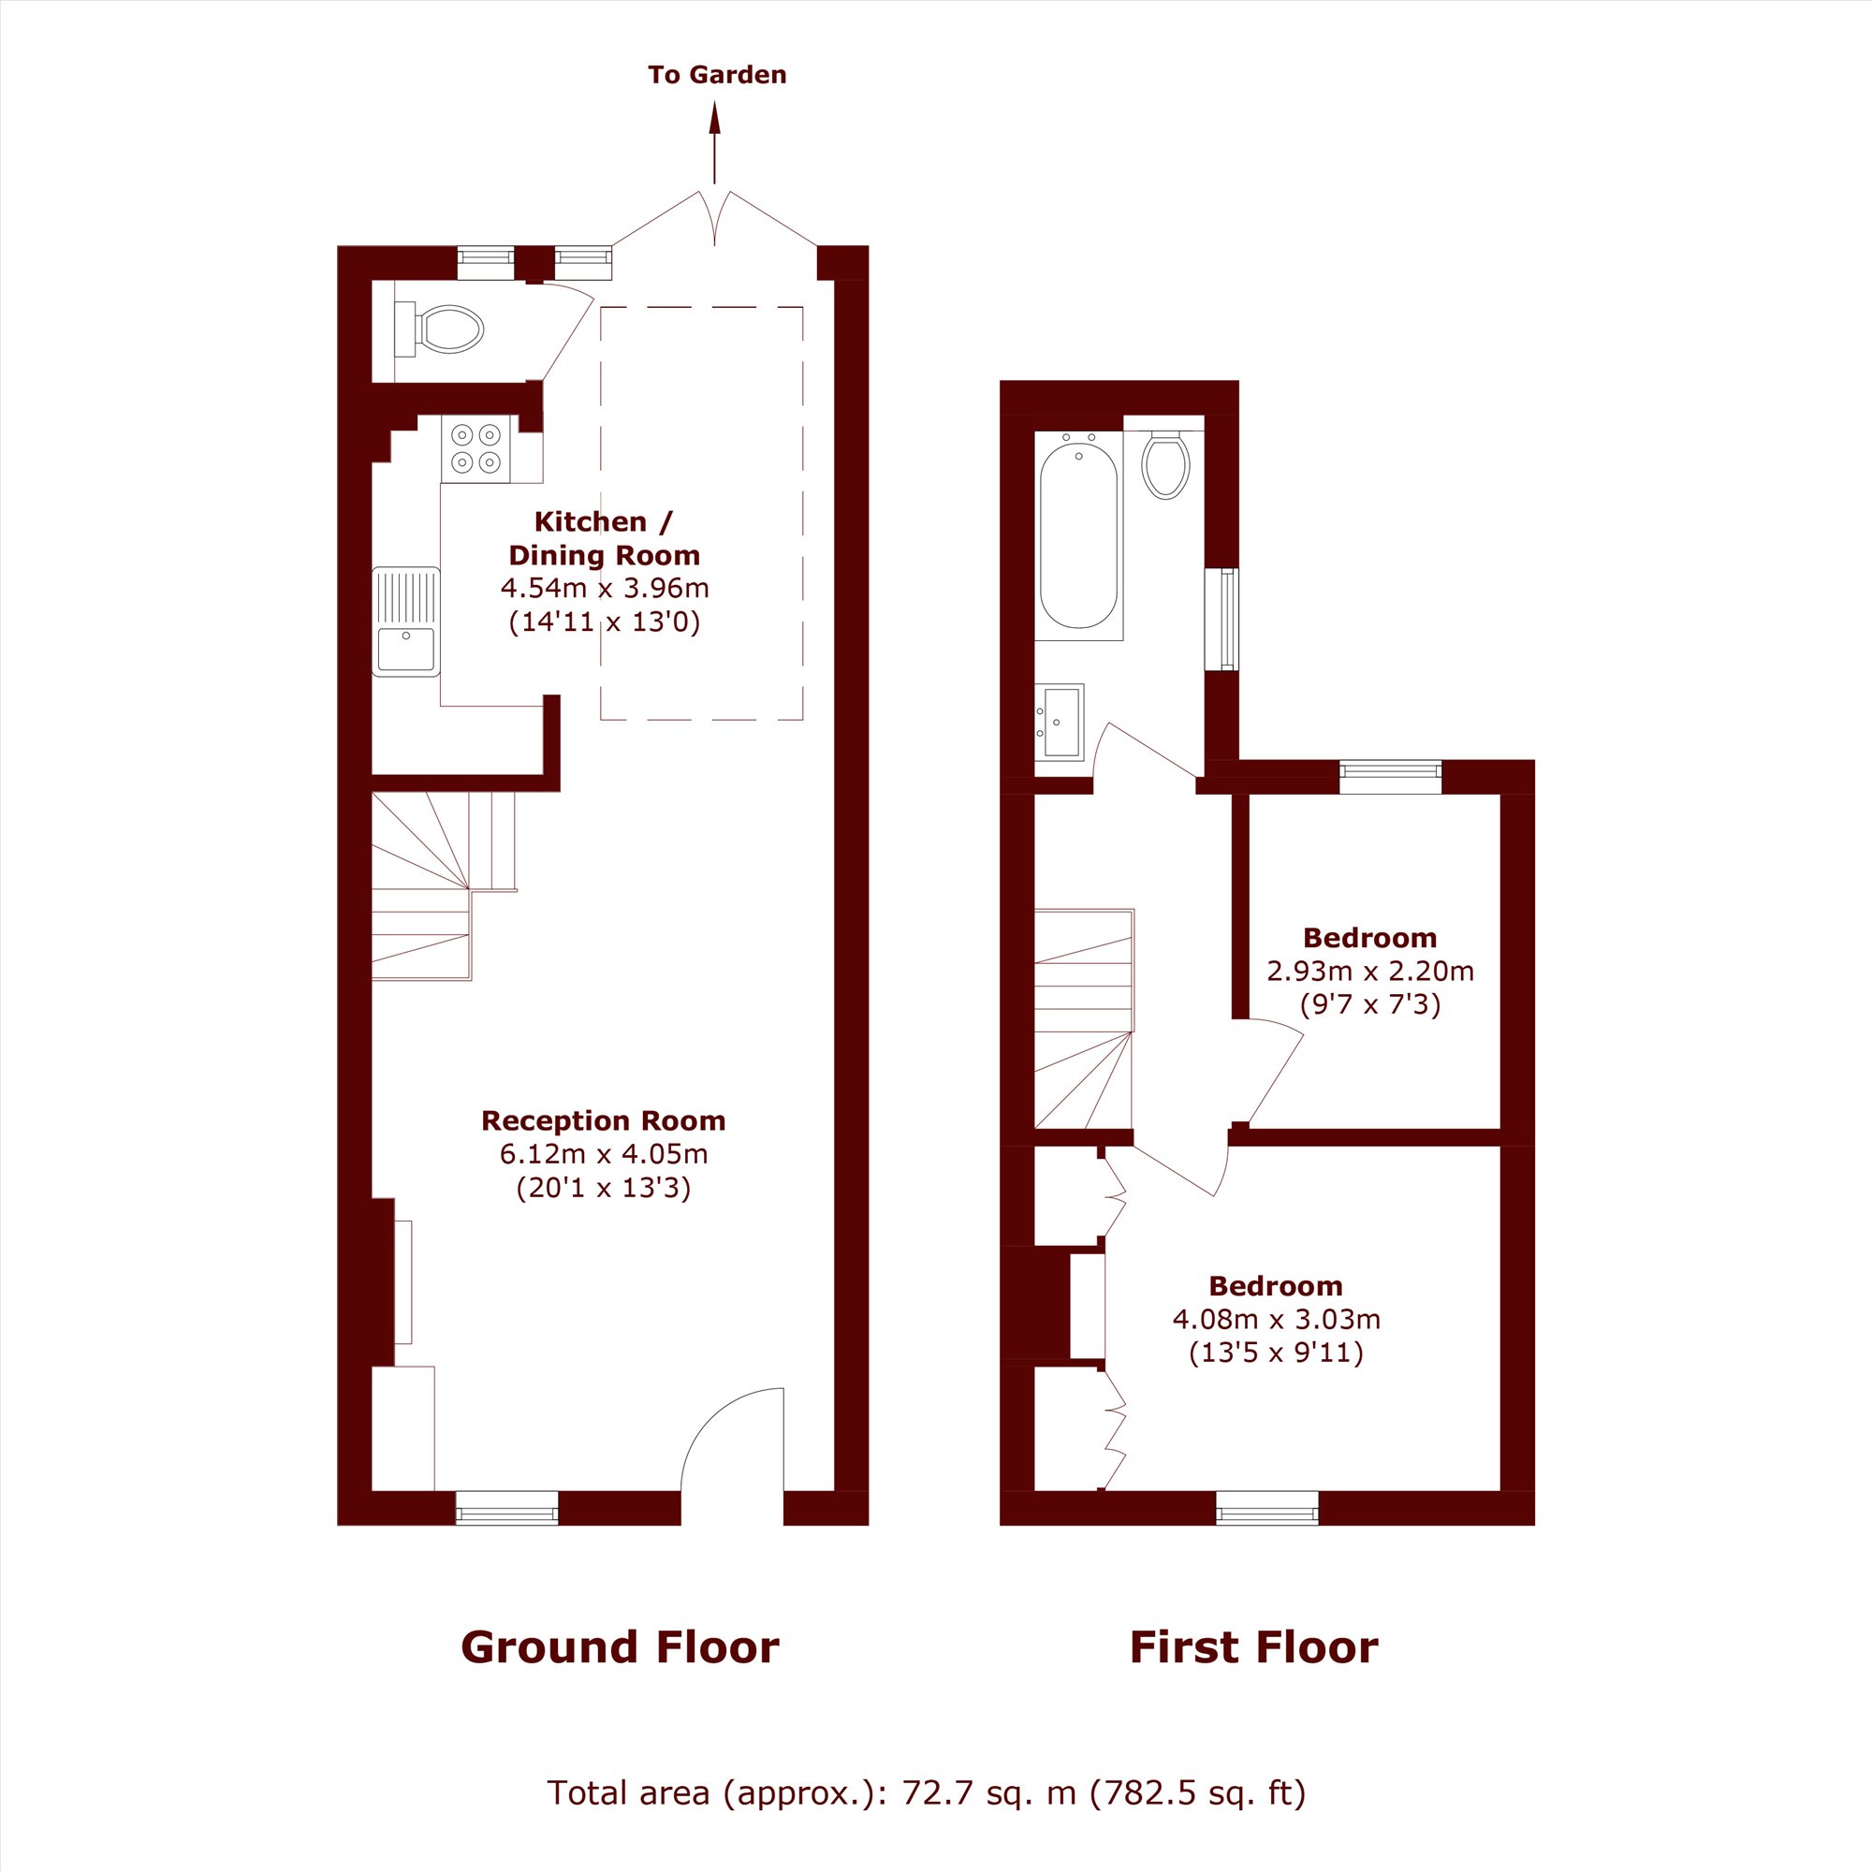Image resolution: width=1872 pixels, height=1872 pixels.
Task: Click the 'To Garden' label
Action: pyautogui.click(x=717, y=75)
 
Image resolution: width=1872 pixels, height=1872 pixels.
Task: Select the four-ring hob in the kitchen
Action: pyautogui.click(x=475, y=448)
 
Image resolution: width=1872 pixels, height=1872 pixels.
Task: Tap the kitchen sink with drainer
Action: pyautogui.click(x=406, y=622)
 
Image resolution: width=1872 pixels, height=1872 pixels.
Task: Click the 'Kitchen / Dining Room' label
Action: pyautogui.click(x=604, y=539)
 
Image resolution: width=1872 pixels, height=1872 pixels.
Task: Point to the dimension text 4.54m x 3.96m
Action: pyautogui.click(x=605, y=588)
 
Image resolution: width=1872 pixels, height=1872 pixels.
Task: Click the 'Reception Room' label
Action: pyautogui.click(x=604, y=1121)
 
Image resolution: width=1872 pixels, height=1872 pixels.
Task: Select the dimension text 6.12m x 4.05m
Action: pyautogui.click(x=604, y=1154)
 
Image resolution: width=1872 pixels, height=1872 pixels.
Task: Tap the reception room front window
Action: pyautogui.click(x=506, y=1508)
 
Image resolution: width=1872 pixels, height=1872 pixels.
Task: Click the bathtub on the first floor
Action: pyautogui.click(x=1078, y=534)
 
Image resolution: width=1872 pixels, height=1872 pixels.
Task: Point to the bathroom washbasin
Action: pyautogui.click(x=1059, y=722)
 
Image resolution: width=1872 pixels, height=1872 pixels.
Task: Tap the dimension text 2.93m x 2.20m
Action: pyautogui.click(x=1370, y=971)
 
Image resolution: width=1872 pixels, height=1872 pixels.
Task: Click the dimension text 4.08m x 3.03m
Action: pyautogui.click(x=1276, y=1320)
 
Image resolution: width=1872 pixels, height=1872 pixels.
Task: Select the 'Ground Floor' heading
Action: pyautogui.click(x=621, y=1647)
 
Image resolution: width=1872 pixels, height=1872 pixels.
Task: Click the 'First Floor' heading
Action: pyautogui.click(x=1254, y=1647)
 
